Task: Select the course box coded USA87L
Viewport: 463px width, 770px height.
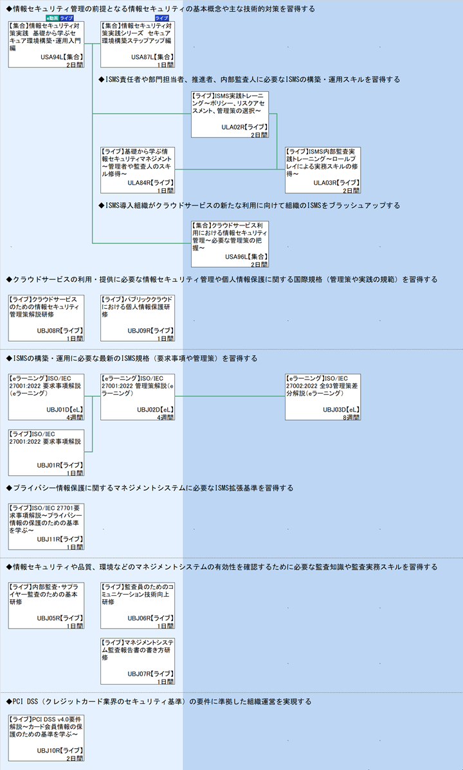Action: [138, 44]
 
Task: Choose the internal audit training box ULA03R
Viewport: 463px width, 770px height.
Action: [323, 170]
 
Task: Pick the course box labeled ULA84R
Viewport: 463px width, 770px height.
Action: [138, 170]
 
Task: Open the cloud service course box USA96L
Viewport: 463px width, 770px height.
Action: [230, 243]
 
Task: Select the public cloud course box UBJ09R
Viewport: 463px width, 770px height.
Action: [138, 317]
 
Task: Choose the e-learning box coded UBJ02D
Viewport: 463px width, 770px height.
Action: [138, 397]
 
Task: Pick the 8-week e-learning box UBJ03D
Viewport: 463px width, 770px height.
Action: [323, 397]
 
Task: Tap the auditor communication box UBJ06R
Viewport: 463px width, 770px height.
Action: [138, 606]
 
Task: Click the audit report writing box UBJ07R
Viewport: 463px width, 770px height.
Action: [138, 661]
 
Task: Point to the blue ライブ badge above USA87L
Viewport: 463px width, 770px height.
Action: [161, 18]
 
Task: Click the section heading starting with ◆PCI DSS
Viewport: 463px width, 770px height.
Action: [158, 701]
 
